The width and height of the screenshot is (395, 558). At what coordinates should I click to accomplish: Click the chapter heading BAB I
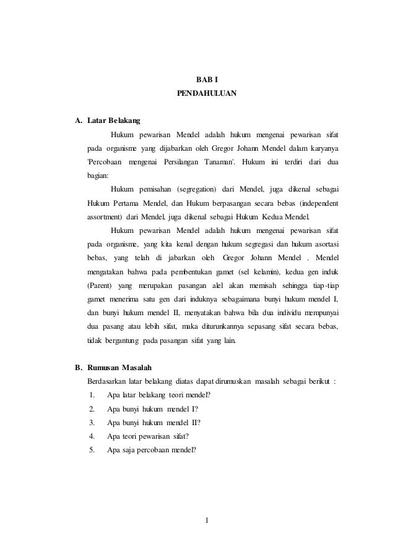pos(207,79)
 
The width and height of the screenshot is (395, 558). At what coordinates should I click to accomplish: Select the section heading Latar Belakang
pos(114,120)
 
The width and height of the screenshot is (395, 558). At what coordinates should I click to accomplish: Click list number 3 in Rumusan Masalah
pos(92,423)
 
